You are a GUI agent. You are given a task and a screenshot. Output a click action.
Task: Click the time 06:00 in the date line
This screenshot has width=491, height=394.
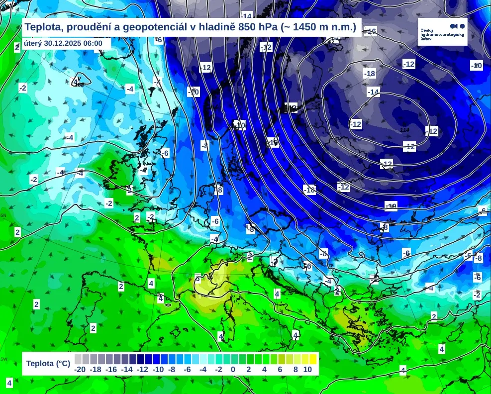93,43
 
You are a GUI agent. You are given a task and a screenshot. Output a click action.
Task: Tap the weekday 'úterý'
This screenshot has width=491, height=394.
33,43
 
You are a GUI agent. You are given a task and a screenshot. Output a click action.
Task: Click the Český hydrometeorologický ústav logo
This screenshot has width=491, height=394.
443,31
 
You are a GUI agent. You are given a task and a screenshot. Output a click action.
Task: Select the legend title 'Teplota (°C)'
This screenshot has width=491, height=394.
48,364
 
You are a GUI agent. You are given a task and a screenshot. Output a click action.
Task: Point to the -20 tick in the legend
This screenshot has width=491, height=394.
80,370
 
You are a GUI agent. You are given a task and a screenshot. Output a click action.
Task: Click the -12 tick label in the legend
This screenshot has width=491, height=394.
142,370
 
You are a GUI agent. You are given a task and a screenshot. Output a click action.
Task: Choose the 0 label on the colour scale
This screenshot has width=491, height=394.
233,370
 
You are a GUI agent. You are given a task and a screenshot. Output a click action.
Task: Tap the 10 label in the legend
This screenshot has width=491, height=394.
307,370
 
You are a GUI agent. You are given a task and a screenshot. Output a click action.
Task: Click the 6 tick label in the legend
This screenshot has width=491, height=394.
280,370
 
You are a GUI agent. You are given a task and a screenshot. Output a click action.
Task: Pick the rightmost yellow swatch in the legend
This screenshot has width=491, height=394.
313,359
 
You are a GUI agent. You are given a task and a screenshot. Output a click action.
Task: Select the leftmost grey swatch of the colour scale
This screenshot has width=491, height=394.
78,359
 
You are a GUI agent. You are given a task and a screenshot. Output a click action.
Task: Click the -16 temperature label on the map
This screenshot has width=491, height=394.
370,31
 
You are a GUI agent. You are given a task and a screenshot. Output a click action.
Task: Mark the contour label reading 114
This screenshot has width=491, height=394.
404,130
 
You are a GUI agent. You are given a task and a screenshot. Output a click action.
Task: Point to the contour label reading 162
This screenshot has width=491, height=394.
79,85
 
